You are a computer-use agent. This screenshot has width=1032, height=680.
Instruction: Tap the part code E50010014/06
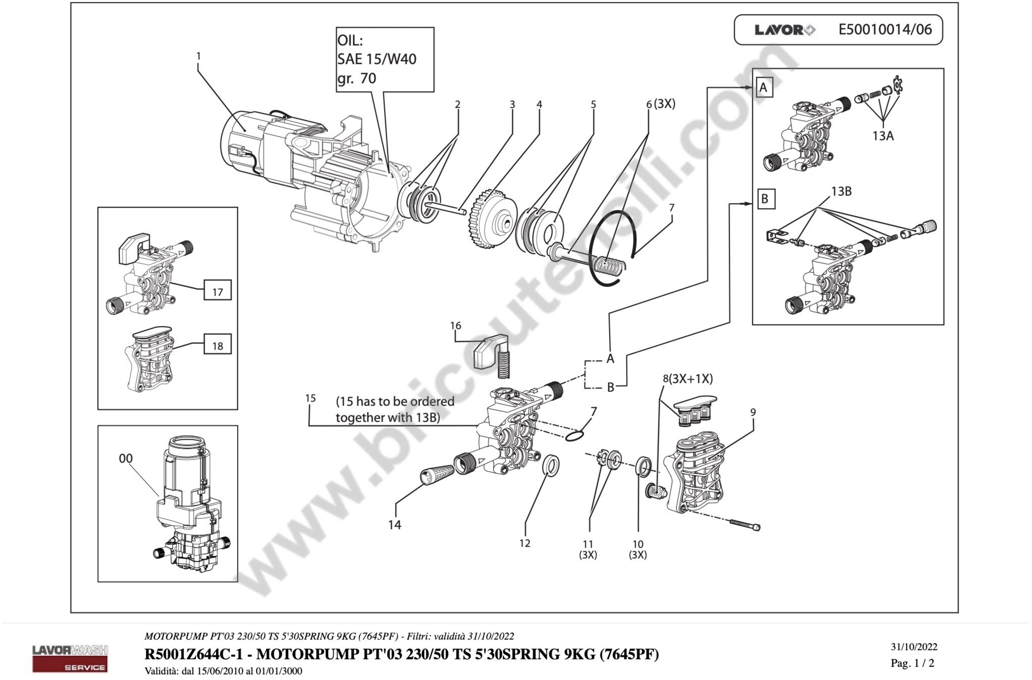coord(885,29)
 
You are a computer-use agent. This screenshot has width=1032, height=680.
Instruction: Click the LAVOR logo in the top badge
coord(784,30)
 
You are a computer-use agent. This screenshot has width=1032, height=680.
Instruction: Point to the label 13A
coord(883,136)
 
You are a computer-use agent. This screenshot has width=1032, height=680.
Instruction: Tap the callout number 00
coord(126,459)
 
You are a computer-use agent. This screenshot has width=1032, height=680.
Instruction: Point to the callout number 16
coord(456,326)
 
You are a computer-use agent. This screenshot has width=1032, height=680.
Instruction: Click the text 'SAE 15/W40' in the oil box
coord(376,59)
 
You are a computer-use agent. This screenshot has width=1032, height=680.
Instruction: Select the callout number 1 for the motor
coord(199,56)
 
